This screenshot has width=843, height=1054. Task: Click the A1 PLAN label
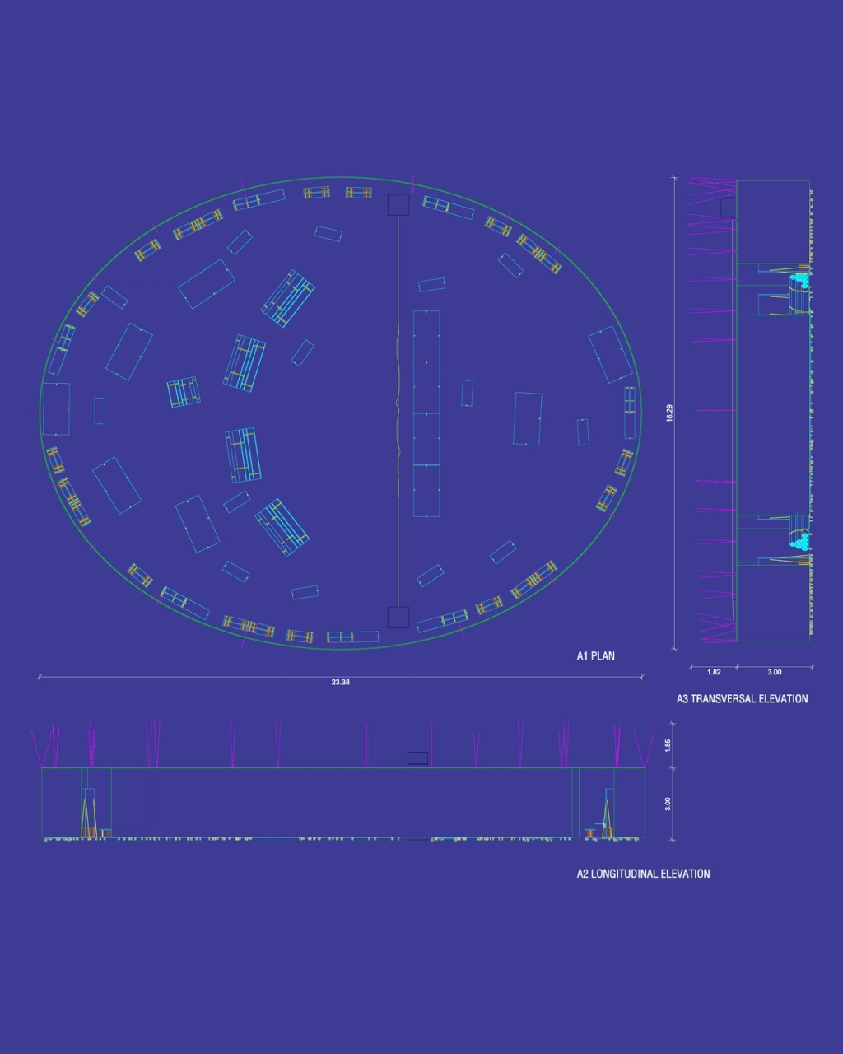[x=595, y=655]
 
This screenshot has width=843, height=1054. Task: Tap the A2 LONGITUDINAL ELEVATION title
[x=643, y=874]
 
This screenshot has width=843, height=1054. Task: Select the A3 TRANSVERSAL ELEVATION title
[x=742, y=699]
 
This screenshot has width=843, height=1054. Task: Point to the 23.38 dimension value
[x=341, y=683]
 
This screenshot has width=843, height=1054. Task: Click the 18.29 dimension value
[x=669, y=413]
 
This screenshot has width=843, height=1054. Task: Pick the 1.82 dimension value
[x=714, y=672]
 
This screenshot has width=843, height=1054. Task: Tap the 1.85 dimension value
[x=668, y=745]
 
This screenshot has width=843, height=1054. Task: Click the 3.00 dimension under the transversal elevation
[x=775, y=672]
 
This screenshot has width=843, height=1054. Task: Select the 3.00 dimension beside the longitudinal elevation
[x=668, y=804]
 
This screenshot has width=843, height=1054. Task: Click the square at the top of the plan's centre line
[x=398, y=205]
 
